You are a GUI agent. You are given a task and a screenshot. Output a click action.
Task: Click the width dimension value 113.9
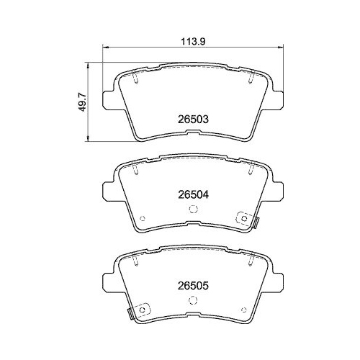coord(190,41)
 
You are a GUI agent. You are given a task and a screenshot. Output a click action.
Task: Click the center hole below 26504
coord(192,210)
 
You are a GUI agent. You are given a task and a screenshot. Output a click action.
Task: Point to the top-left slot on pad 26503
coord(135,79)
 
